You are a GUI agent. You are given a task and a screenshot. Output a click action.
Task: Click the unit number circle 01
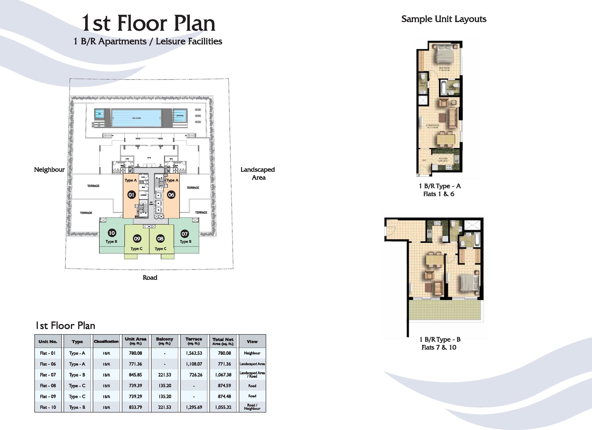tap(131, 195)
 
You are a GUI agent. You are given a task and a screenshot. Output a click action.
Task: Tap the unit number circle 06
tap(171, 195)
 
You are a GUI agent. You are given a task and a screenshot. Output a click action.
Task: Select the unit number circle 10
tap(112, 233)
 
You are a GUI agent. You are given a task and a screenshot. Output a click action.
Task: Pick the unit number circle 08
tap(160, 238)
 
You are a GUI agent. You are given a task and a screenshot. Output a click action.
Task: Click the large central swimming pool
tap(136, 118)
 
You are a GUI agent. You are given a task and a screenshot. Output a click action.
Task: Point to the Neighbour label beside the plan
tap(49, 170)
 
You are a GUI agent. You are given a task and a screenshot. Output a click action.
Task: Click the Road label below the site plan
tap(150, 278)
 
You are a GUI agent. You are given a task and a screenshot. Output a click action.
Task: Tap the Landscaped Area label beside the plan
tap(258, 174)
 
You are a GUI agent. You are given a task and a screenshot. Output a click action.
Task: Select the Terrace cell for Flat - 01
tap(194, 353)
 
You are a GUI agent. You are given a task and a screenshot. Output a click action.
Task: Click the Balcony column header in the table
tap(165, 341)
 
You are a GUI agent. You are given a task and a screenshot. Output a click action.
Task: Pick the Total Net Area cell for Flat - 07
tap(223, 375)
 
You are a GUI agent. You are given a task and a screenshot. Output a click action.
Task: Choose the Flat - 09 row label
tap(48, 396)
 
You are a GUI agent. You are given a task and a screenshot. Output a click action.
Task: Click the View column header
tap(252, 341)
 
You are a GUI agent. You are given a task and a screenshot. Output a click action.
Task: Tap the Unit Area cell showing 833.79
tap(136, 407)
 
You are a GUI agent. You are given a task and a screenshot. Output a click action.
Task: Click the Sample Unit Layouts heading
tap(444, 19)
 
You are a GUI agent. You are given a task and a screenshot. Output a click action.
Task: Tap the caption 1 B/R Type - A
tap(440, 186)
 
